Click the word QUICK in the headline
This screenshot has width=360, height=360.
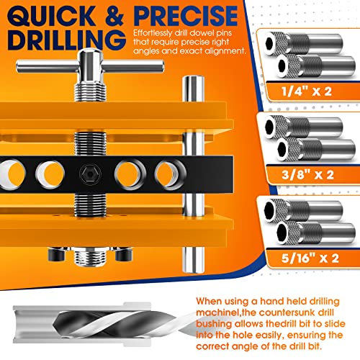pyautogui.click(x=51, y=17)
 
